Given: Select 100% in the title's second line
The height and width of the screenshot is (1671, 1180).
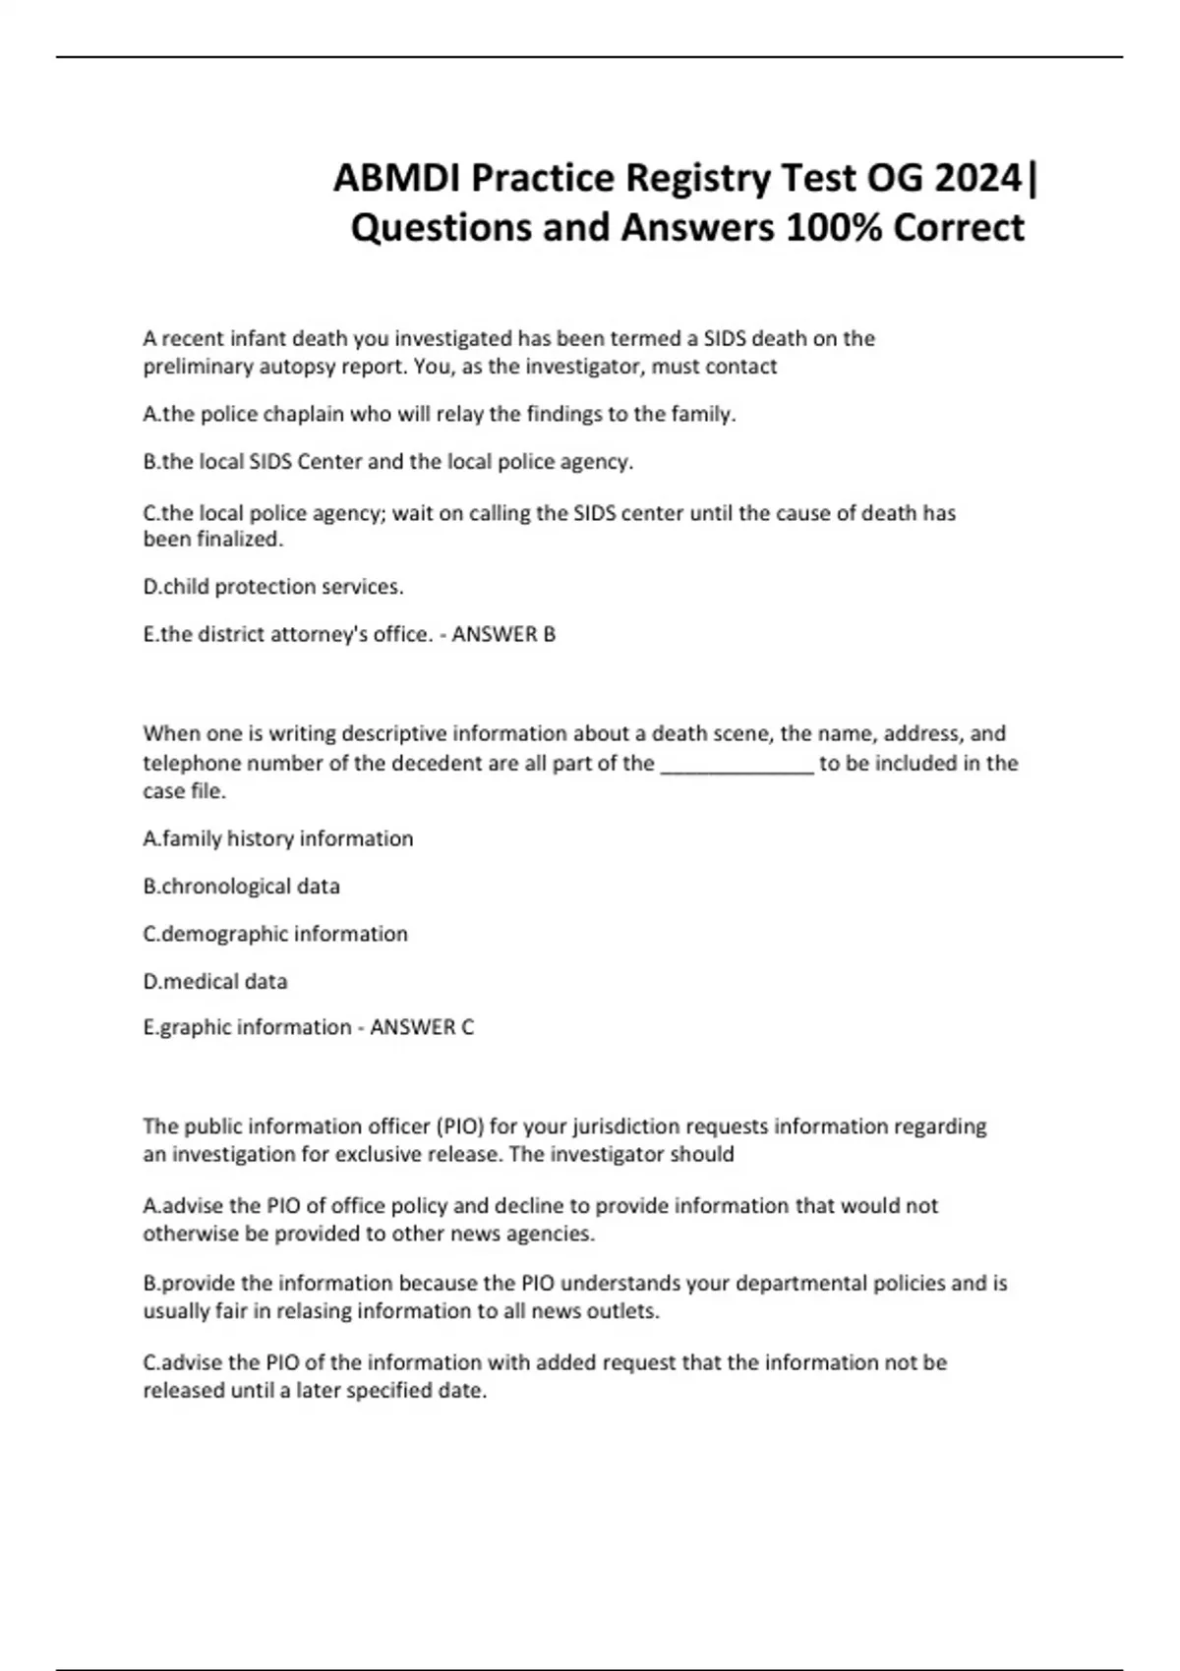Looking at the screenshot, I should pyautogui.click(x=834, y=228).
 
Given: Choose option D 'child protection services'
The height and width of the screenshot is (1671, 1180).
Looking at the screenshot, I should pyautogui.click(x=273, y=587).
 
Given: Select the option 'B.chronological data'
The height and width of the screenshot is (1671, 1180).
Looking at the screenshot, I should pyautogui.click(x=242, y=887).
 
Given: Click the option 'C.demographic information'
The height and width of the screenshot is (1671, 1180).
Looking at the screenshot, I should pyautogui.click(x=275, y=934).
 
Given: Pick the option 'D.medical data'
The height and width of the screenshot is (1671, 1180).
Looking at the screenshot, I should pyautogui.click(x=215, y=981).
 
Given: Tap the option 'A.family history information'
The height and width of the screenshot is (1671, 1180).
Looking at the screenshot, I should pyautogui.click(x=278, y=838).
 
